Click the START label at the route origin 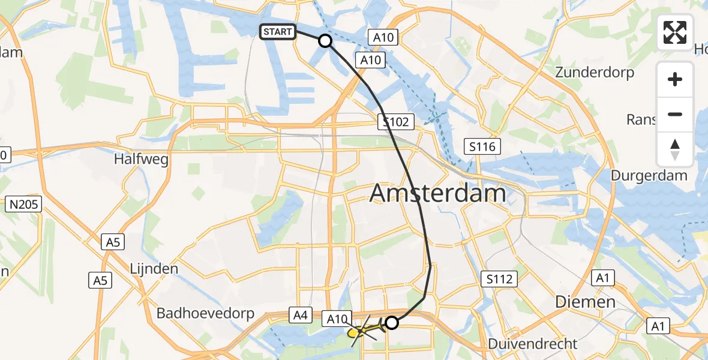tap(277, 32)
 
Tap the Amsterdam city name tap(437, 194)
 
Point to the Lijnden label tap(154, 268)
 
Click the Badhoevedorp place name tap(206, 313)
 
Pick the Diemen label tap(585, 302)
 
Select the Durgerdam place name tap(649, 176)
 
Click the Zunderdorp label tap(595, 73)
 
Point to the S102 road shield tap(396, 122)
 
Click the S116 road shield tap(482, 146)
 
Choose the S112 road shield tap(499, 278)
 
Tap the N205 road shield tap(24, 205)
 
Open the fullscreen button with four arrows tap(675, 32)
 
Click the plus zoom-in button tap(675, 79)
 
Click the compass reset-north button tap(675, 149)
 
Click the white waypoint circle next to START tap(325, 41)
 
